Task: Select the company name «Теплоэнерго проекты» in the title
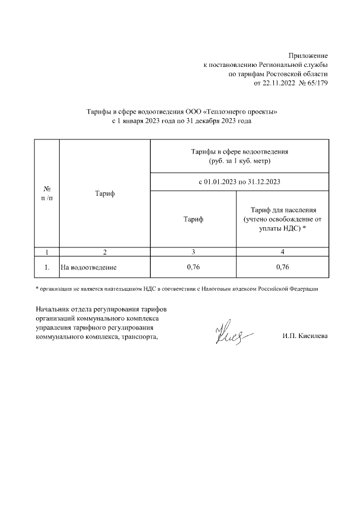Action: (243, 112)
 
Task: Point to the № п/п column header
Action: (47, 193)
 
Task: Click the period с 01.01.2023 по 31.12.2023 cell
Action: (240, 182)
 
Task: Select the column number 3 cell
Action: (193, 252)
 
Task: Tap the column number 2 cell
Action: (105, 252)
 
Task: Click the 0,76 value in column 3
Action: (193, 267)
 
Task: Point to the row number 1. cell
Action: (47, 267)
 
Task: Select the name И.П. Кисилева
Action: (304, 336)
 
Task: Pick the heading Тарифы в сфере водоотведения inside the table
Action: (240, 152)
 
